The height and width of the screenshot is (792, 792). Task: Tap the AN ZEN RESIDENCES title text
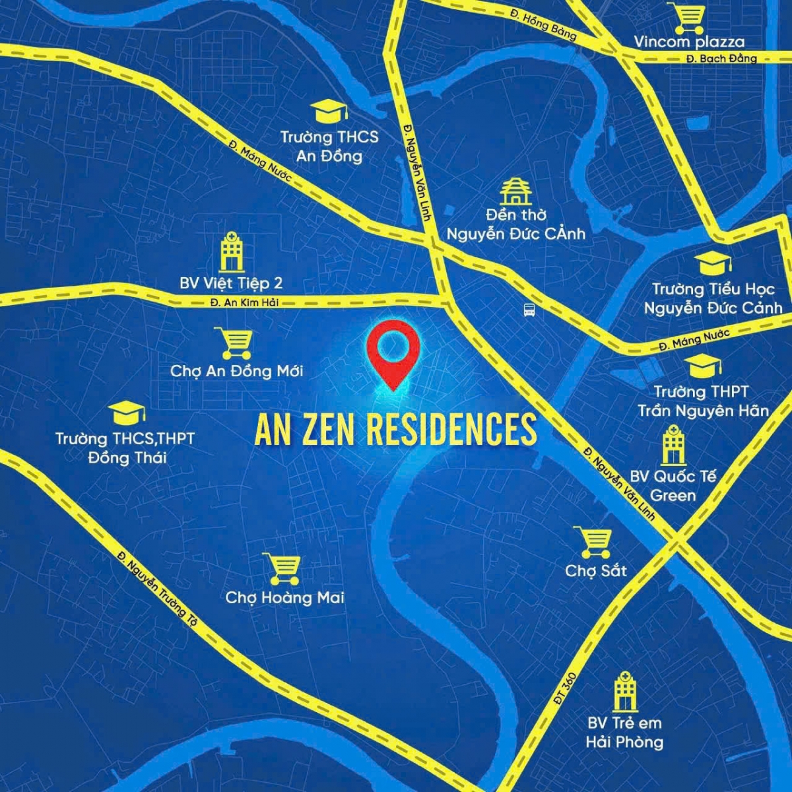pyautogui.click(x=396, y=430)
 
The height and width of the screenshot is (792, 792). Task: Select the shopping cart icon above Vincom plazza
pyautogui.click(x=686, y=18)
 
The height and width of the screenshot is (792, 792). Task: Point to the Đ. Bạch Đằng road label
pyautogui.click(x=721, y=59)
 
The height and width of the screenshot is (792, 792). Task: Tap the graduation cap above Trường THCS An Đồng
pyautogui.click(x=329, y=111)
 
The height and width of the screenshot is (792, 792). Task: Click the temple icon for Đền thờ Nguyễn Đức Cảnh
pyautogui.click(x=515, y=191)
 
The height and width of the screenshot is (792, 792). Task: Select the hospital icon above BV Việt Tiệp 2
pyautogui.click(x=231, y=251)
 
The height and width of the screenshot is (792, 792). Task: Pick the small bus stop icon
pyautogui.click(x=529, y=309)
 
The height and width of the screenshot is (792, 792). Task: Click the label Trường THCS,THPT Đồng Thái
pyautogui.click(x=125, y=447)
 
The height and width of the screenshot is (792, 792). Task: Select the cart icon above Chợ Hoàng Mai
pyautogui.click(x=284, y=568)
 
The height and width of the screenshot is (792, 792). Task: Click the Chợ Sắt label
pyautogui.click(x=595, y=571)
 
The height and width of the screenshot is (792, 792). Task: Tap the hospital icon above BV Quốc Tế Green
pyautogui.click(x=673, y=445)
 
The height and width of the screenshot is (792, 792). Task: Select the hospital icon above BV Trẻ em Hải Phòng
pyautogui.click(x=624, y=691)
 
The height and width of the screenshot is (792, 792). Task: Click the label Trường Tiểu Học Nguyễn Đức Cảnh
pyautogui.click(x=713, y=298)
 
